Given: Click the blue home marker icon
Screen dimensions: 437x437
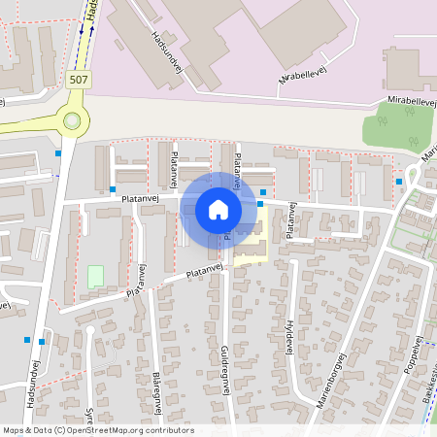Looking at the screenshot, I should tap(218, 210).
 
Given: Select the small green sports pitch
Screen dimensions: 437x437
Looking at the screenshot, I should tap(96, 277).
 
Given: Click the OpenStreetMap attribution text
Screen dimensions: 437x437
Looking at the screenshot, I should tap(97, 430).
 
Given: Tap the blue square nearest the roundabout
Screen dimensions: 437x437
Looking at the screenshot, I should tap(58, 152).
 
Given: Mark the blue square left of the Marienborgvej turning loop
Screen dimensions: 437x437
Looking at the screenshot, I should tap(399, 181).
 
